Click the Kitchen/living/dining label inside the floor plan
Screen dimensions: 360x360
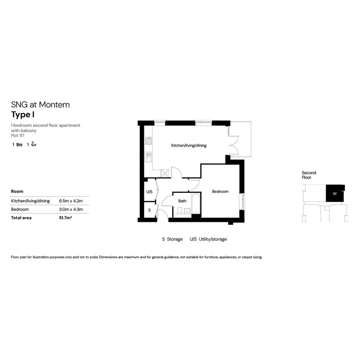(189, 145)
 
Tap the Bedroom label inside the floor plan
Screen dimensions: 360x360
(220, 192)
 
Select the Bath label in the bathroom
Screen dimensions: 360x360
(182, 201)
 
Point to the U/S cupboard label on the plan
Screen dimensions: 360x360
(149, 192)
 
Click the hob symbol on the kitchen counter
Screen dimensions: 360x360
(149, 141)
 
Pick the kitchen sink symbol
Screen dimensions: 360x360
(149, 157)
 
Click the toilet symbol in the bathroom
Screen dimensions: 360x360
(180, 211)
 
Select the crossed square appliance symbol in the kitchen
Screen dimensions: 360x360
(165, 173)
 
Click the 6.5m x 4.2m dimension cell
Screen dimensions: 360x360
(71, 201)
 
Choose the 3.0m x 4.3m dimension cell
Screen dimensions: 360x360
(71, 210)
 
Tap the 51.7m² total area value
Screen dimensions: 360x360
(66, 218)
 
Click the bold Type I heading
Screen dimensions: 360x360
(23, 115)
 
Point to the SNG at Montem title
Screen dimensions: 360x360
(40, 105)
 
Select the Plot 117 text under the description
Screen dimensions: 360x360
(18, 136)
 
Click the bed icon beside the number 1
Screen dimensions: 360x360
(19, 145)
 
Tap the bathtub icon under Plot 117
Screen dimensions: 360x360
(34, 144)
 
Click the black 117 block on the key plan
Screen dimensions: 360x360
(335, 193)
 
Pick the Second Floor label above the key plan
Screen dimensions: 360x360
(309, 175)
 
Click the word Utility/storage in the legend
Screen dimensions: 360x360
(213, 239)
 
